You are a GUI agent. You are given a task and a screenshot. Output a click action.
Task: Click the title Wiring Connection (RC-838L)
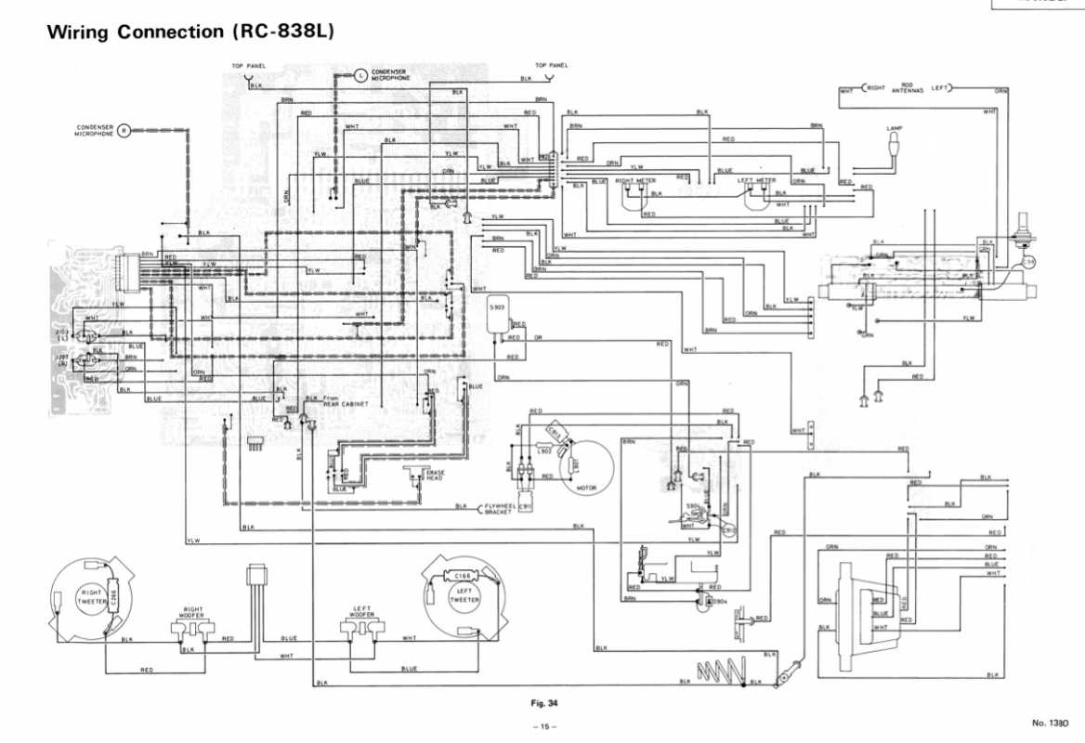tap(190, 32)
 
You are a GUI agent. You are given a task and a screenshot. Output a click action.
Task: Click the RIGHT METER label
tap(636, 180)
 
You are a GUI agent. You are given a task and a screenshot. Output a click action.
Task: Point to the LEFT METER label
tap(756, 180)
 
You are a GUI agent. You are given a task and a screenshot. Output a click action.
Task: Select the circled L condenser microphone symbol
tap(360, 74)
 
